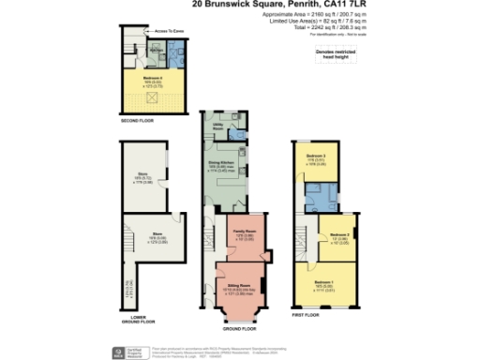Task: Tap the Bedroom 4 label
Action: coord(153,79)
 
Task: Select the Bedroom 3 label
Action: coord(318,156)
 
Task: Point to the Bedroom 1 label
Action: coord(323,281)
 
